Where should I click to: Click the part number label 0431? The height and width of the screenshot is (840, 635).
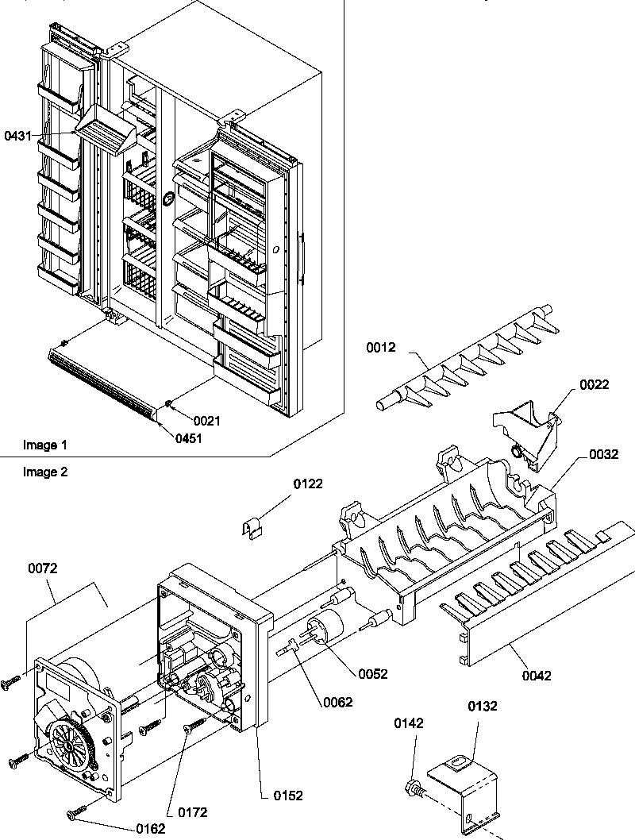coord(18,136)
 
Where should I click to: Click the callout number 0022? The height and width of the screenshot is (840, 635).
coord(594,384)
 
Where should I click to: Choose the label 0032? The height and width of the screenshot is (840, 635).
coord(603,455)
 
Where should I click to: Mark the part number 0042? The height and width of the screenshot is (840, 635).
coord(536,676)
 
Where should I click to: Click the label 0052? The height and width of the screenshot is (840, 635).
coord(373,673)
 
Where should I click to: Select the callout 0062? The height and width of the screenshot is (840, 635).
coord(337,701)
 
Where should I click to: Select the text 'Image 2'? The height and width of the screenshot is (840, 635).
coord(45,472)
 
